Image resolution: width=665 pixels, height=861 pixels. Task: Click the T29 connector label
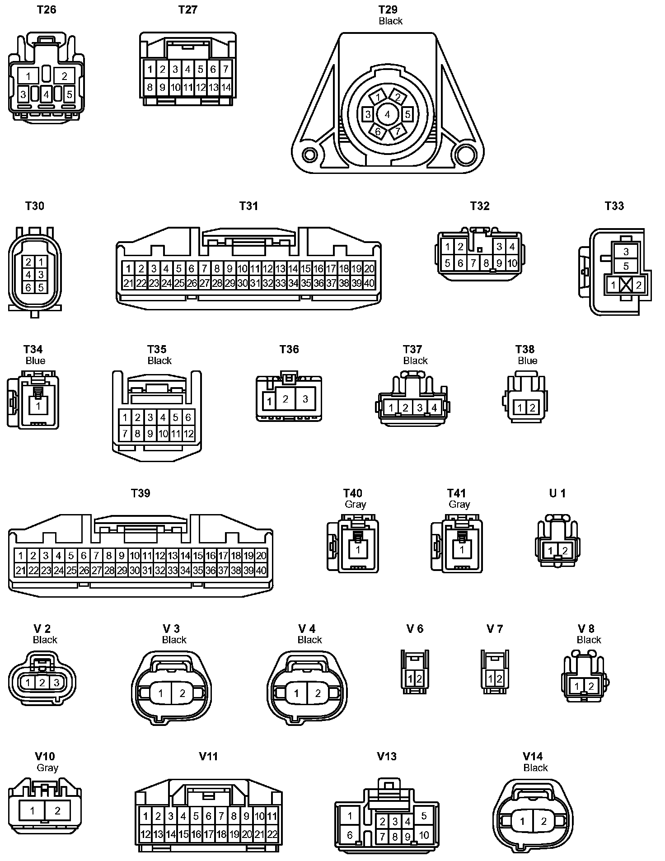click(388, 9)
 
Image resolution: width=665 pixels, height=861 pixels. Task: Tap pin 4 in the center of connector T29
click(387, 114)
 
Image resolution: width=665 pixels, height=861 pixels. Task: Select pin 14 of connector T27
click(226, 87)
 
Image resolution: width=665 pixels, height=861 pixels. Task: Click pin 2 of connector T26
click(64, 75)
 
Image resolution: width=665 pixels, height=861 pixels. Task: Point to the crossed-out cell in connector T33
click(626, 285)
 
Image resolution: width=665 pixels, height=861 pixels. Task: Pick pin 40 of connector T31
click(369, 283)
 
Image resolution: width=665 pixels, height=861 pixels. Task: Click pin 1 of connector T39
click(20, 555)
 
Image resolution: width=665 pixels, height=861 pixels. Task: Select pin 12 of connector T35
click(188, 434)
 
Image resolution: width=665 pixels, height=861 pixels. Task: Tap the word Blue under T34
click(35, 360)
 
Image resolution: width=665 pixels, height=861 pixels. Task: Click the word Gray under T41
click(459, 504)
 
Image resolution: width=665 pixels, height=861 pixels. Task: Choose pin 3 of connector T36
click(305, 399)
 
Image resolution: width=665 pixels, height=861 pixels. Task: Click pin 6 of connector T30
click(28, 287)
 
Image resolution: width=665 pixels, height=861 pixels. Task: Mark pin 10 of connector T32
click(512, 263)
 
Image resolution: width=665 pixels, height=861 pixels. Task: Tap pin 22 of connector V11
click(272, 834)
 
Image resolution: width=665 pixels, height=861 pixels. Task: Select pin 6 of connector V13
click(350, 835)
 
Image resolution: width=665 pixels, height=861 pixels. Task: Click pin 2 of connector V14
click(543, 821)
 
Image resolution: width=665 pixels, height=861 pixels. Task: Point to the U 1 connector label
click(557, 493)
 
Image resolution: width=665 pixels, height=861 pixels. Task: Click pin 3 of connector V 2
click(56, 683)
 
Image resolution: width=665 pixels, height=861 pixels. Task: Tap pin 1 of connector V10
click(32, 810)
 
